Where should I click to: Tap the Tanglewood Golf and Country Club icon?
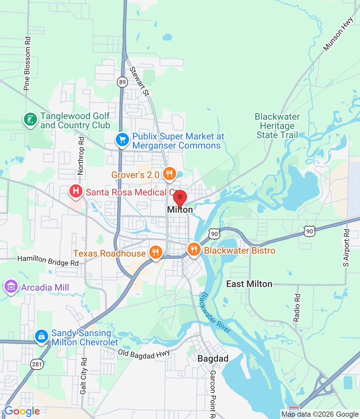[30, 119]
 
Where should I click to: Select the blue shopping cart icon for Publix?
[122, 140]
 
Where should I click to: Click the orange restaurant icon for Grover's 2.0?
[169, 173]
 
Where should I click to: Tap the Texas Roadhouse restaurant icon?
[155, 252]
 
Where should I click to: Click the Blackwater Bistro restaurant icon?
[194, 249]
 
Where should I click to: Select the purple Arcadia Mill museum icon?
[11, 286]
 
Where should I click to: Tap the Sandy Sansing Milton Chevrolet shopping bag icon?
[42, 336]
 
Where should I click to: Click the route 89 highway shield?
[122, 82]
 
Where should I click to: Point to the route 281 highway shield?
[37, 364]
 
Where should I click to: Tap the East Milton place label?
[249, 284]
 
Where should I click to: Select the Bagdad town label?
[213, 358]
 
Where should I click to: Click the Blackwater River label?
[215, 313]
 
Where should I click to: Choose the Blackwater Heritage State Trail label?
[277, 126]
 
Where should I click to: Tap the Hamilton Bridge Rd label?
[48, 261]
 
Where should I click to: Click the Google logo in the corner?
[22, 411]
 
